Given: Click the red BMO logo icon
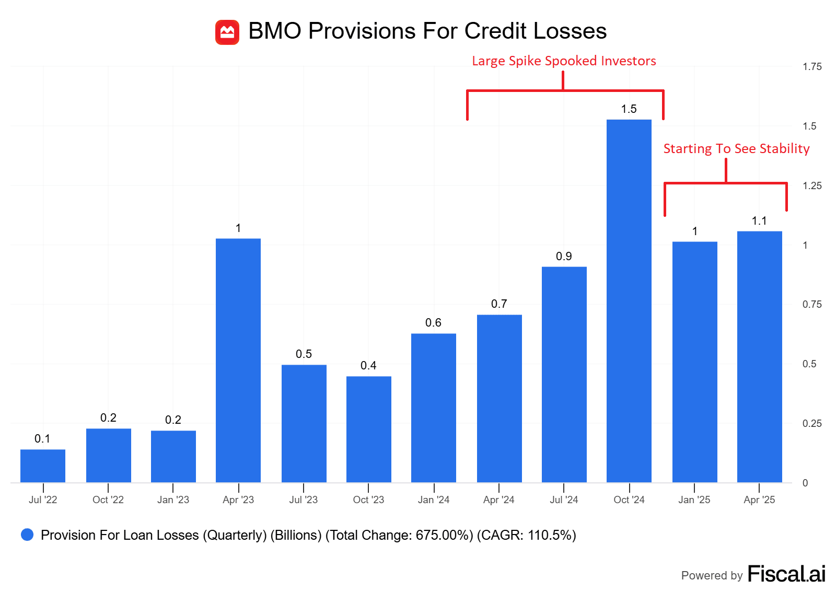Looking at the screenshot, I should point(227,32).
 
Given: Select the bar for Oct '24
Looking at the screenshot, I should point(629,300).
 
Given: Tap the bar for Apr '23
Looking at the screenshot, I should point(238,361).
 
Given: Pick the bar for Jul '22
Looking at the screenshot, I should point(43,466).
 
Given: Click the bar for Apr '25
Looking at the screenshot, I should point(759,356).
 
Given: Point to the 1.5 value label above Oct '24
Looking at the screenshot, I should point(629,109).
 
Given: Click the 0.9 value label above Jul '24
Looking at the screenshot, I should point(564,257).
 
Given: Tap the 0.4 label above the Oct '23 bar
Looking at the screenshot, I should point(368,366).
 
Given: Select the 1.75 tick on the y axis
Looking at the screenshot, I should point(812,67).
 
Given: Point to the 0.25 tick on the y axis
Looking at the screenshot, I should point(812,424).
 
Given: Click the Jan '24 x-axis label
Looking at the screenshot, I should point(434,500).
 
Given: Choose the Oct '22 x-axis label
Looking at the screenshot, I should point(108,500).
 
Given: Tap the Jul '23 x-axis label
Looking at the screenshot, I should point(304,500).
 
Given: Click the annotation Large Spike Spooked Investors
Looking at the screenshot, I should point(564,61).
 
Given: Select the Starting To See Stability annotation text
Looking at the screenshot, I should point(736,149).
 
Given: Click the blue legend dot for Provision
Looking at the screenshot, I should point(27,535).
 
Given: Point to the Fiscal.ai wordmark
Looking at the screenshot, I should point(786,574).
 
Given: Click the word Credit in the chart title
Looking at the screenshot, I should point(496,31).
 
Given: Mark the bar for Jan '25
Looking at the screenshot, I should point(694,362).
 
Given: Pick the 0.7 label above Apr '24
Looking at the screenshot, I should point(499,304).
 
